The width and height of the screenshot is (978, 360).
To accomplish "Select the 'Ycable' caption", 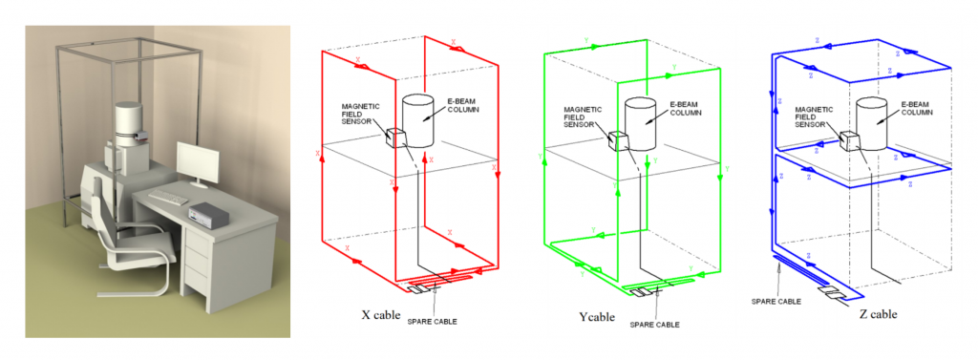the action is point(596,317).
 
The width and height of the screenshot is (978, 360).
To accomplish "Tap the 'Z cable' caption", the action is point(877,314).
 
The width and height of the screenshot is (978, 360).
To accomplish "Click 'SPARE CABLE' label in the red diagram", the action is point(433,322).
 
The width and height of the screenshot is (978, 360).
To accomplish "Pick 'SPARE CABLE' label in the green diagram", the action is point(653,325).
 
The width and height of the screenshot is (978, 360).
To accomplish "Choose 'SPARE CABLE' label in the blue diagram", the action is point(776,301).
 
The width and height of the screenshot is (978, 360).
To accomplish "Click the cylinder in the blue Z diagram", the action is point(871,124).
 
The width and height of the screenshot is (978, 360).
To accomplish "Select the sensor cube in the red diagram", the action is point(396,138).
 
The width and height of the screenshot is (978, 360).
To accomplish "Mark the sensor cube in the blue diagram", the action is point(849,141).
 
